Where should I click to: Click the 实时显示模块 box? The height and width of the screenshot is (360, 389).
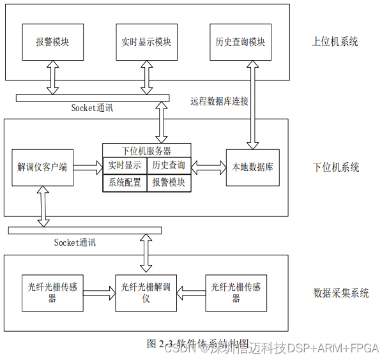[146, 42]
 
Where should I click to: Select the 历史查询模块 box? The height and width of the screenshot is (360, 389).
[240, 42]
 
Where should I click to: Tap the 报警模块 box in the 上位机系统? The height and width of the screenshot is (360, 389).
[52, 42]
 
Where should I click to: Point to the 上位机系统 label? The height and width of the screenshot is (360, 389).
[335, 42]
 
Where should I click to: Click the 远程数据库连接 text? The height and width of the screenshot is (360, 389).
[219, 101]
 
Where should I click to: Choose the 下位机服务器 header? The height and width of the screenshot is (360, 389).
[146, 151]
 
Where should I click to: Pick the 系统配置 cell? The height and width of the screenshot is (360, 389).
[125, 183]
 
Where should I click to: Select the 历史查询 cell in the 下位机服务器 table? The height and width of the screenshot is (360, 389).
[169, 165]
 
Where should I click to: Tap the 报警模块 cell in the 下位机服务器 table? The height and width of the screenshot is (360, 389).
[169, 183]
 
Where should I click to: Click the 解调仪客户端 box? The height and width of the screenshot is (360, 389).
[42, 167]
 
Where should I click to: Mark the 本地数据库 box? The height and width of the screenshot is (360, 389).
[252, 167]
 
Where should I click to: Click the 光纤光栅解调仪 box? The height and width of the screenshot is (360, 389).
[146, 293]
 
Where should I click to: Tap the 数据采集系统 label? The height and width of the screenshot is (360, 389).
[341, 293]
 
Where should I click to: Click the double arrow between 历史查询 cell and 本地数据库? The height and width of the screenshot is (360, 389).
[208, 167]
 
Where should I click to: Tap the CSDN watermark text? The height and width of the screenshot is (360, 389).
[183, 349]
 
